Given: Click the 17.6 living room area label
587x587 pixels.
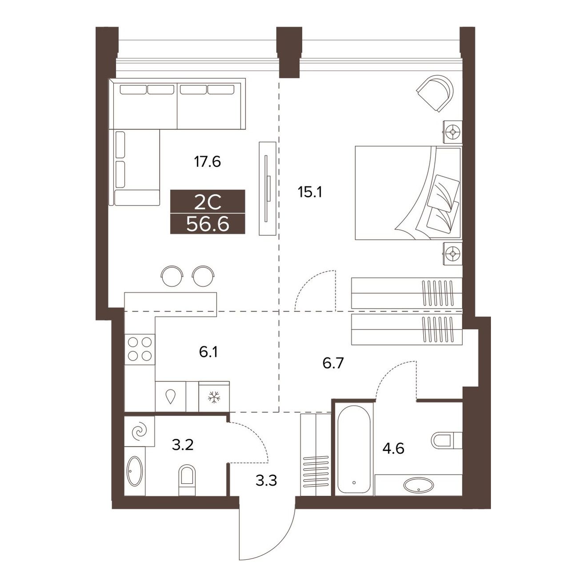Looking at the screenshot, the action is pyautogui.click(x=207, y=162).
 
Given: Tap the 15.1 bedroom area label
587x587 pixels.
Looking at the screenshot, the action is pyautogui.click(x=310, y=192).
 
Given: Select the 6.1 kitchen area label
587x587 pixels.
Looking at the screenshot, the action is pyautogui.click(x=209, y=353).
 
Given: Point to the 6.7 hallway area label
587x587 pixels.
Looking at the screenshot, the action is pyautogui.click(x=333, y=363).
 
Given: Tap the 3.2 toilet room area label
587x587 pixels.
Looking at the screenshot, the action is pyautogui.click(x=182, y=445).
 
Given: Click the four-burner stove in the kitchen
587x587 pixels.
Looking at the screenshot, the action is pyautogui.click(x=140, y=350).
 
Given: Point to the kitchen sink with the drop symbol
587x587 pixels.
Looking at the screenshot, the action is pyautogui.click(x=171, y=397).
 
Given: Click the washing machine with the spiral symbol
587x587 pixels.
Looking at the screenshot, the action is pyautogui.click(x=140, y=431).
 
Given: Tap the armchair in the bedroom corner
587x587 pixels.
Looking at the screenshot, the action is pyautogui.click(x=435, y=93).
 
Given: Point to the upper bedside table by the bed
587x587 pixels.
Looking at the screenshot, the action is pyautogui.click(x=453, y=132).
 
